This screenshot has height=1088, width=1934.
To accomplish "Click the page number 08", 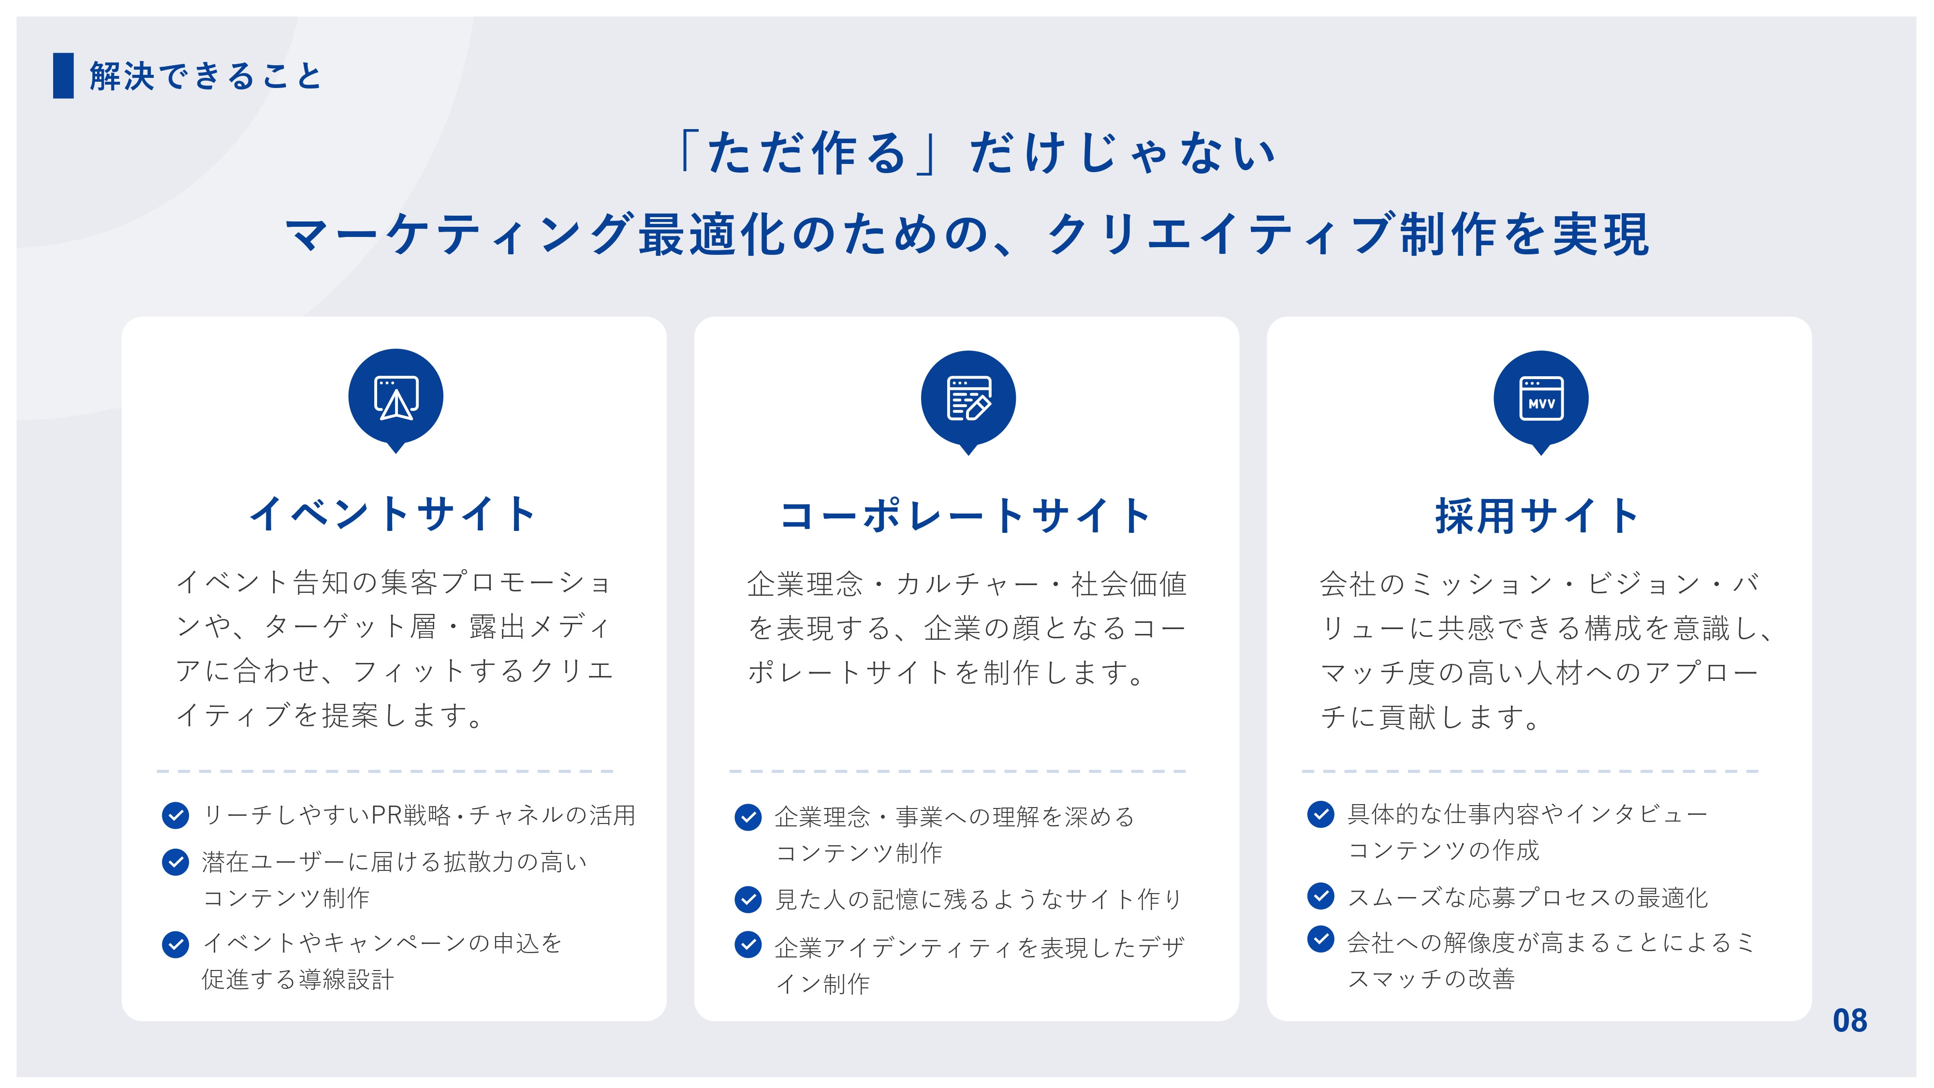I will (1849, 1020).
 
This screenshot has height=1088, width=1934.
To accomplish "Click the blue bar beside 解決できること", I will (63, 75).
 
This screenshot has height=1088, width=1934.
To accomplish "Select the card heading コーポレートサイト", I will (966, 516).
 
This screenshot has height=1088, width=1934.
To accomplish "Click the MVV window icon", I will (1540, 398).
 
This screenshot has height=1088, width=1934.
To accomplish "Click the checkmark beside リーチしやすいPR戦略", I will (176, 815).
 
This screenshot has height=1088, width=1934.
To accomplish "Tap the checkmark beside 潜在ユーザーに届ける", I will (176, 862).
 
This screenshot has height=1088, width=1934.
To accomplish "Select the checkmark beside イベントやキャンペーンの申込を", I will (176, 944).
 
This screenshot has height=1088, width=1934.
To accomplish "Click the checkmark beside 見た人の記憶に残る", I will (748, 899).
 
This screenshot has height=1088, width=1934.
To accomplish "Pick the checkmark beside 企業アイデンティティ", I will (748, 945).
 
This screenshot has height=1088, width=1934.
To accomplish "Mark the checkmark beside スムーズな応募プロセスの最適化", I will (1320, 895).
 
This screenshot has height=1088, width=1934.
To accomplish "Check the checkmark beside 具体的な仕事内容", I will (1320, 814).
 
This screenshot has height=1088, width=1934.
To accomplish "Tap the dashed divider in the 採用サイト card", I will (1530, 771).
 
